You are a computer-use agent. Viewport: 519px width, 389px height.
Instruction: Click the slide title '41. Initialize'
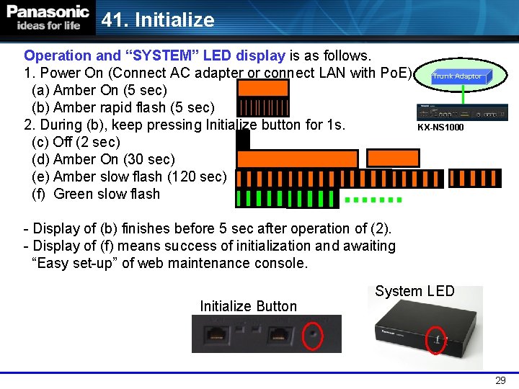(158, 19)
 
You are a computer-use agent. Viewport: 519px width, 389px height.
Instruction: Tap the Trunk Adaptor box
(457, 76)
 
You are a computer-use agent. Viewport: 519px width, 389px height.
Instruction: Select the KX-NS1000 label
(440, 128)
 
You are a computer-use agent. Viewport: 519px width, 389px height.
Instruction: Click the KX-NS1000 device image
(462, 112)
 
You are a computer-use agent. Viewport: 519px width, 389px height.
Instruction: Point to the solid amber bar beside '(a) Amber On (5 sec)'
(263, 89)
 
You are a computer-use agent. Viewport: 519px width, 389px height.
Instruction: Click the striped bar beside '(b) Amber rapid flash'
(263, 107)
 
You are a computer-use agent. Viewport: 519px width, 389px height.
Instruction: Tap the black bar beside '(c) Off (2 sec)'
(243, 140)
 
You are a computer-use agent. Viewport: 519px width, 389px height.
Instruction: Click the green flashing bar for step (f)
(287, 197)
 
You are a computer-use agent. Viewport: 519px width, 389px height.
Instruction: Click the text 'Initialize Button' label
(248, 306)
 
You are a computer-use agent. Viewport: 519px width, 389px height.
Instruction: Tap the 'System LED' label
(414, 291)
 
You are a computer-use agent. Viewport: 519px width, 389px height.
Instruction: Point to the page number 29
(500, 380)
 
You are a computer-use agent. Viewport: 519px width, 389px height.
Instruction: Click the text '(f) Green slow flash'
(96, 194)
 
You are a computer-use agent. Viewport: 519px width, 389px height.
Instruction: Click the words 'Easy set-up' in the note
(82, 263)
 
